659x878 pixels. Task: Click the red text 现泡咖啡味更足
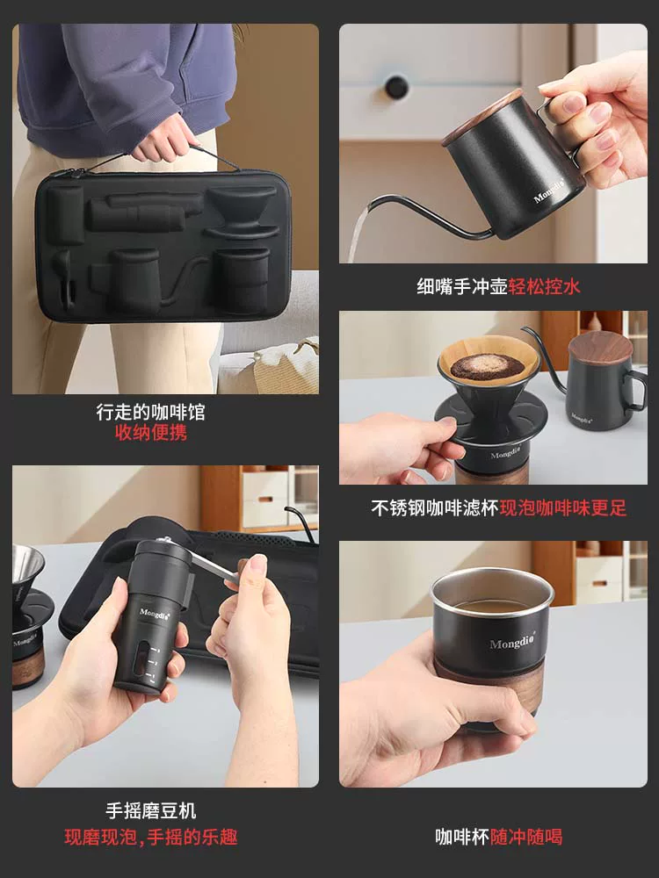tap(563, 508)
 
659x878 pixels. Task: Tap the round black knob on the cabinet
tap(396, 86)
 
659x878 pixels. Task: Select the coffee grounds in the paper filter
tap(475, 366)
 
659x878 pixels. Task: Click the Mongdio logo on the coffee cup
tap(512, 644)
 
